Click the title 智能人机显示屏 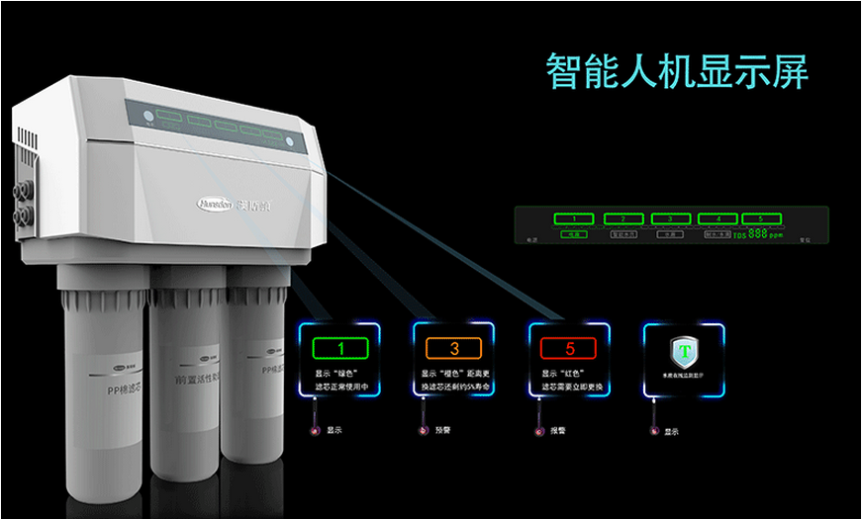678,72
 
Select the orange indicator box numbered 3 454,348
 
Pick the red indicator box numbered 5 568,348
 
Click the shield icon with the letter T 683,351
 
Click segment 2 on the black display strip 623,217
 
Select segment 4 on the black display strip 718,217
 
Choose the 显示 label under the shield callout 671,431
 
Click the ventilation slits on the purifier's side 27,139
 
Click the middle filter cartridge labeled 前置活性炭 187,386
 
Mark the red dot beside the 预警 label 424,431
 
